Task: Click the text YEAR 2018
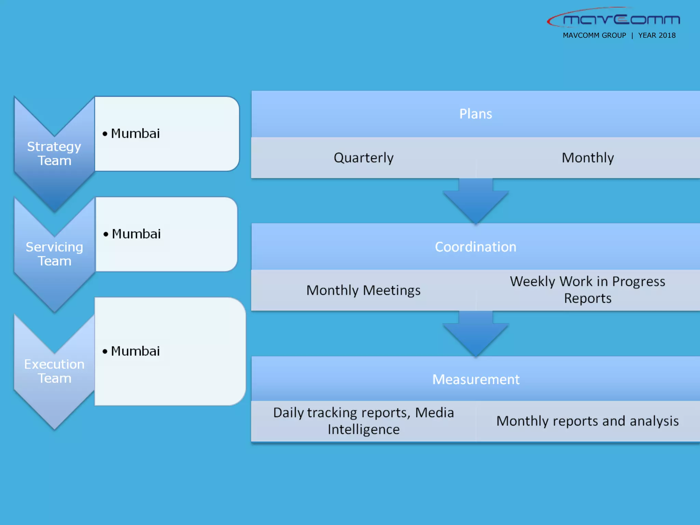[x=657, y=36]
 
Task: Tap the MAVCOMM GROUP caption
[x=594, y=36]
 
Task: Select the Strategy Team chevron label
[x=54, y=153]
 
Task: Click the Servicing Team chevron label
[x=54, y=254]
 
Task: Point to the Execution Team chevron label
[x=54, y=371]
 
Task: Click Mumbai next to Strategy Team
[x=135, y=134]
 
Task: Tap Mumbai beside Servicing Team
[x=136, y=234]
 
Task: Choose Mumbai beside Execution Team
[x=135, y=351]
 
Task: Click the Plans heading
[x=475, y=114]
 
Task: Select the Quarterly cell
[x=363, y=158]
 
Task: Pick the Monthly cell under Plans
[x=588, y=158]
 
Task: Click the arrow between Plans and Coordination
[x=475, y=202]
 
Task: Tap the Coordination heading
[x=475, y=247]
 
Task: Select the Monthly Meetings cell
[x=363, y=291]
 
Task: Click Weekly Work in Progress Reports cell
[x=588, y=290]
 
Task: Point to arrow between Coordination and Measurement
[x=475, y=334]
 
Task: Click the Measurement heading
[x=475, y=379]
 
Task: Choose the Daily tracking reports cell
[x=363, y=421]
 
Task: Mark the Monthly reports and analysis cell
[x=588, y=421]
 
